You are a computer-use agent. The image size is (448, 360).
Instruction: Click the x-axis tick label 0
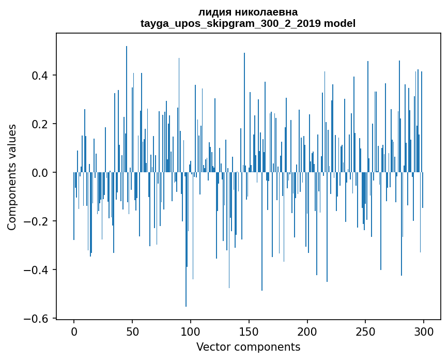tap(74, 331)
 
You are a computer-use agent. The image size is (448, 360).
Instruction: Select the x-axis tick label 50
tap(132, 331)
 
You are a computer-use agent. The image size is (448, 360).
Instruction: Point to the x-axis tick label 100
tap(191, 331)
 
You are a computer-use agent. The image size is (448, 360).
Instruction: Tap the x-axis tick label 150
tap(249, 331)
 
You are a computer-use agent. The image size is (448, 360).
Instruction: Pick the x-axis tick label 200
tap(307, 331)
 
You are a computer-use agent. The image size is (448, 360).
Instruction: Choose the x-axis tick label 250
tap(366, 331)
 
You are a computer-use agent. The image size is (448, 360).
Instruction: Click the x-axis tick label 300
tap(424, 331)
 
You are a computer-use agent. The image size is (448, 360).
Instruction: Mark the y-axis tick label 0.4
tap(40, 76)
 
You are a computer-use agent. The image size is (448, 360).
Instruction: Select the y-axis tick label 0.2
tap(40, 124)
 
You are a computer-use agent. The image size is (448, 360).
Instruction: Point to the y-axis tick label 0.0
tap(40, 173)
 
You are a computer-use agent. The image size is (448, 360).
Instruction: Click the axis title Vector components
tap(248, 347)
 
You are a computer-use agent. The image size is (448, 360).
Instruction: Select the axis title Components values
tap(12, 177)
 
